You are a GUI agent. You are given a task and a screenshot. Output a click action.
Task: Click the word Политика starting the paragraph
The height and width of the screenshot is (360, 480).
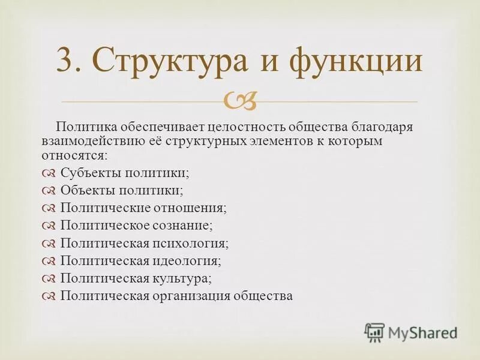[82, 127]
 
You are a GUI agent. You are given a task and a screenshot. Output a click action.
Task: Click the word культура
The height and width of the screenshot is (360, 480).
[182, 278]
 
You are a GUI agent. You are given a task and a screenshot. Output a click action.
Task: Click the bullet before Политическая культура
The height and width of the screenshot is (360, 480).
[50, 279]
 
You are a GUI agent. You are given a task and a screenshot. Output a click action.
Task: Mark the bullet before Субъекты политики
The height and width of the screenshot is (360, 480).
[50, 173]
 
